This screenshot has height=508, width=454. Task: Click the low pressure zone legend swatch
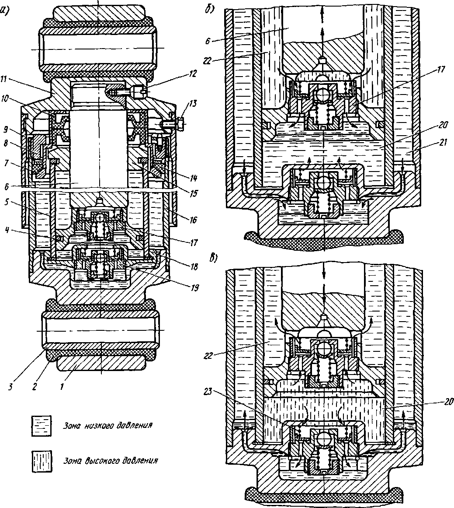tap(41, 425)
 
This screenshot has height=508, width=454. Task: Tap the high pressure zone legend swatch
tap(41, 462)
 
